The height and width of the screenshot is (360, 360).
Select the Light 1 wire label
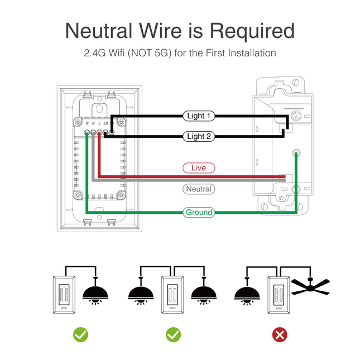199,116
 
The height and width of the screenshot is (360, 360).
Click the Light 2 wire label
199,136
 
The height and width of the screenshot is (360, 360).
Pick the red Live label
199,167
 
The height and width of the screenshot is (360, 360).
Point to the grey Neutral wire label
199,189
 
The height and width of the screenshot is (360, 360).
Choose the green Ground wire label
199,212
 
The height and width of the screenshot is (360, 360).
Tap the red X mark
280,334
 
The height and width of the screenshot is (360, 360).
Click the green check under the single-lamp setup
81,334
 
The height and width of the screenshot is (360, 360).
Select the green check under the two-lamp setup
173,334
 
